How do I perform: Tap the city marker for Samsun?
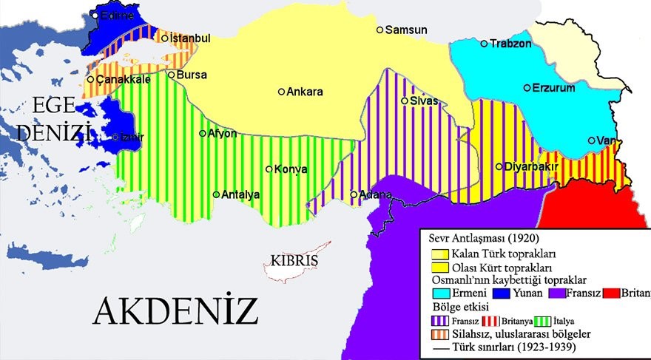click(380, 30)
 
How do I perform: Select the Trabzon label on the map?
click(511, 44)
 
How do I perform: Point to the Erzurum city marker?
click(527, 88)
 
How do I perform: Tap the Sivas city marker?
click(404, 101)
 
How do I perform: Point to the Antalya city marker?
click(216, 195)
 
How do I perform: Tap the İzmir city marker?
click(115, 137)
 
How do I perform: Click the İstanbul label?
click(190, 38)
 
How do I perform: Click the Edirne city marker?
click(95, 15)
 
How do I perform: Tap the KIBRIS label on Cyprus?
click(294, 262)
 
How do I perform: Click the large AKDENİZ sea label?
click(175, 311)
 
